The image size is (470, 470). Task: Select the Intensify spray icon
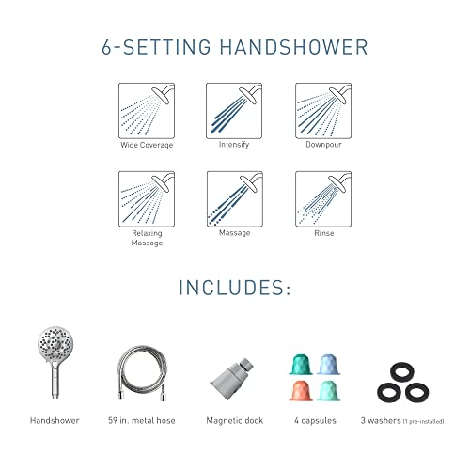coord(232,110)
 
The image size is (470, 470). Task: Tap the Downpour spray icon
coord(322,110)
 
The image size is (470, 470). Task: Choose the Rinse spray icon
coord(322,197)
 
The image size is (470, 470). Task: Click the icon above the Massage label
coord(232,197)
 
